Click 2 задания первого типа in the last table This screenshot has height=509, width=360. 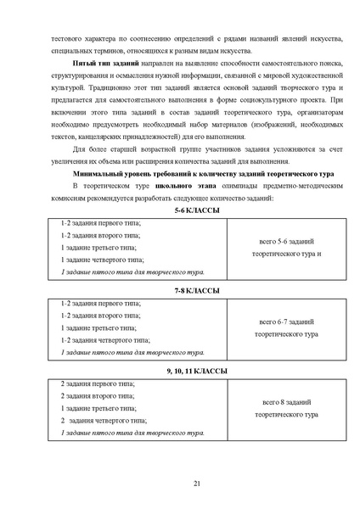pyautogui.click(x=98, y=384)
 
